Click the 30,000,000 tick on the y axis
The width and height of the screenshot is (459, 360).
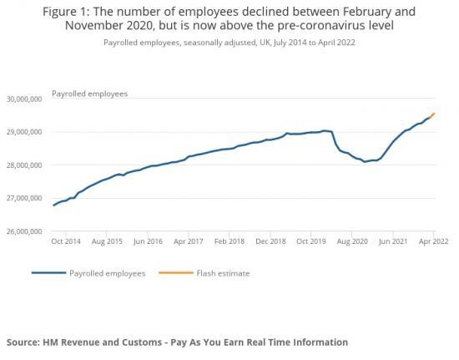coord(24,99)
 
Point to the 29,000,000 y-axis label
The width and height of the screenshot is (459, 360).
coord(24,132)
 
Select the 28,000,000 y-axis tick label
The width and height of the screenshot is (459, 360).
coord(24,165)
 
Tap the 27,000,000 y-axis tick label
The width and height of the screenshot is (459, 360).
coord(24,199)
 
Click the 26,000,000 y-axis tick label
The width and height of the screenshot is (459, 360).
coord(24,231)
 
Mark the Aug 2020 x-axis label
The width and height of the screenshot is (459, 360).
coord(351,241)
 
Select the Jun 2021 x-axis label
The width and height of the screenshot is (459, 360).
coord(392,241)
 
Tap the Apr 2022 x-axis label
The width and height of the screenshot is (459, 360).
coord(432,241)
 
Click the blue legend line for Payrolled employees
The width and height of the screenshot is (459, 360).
coord(48,273)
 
